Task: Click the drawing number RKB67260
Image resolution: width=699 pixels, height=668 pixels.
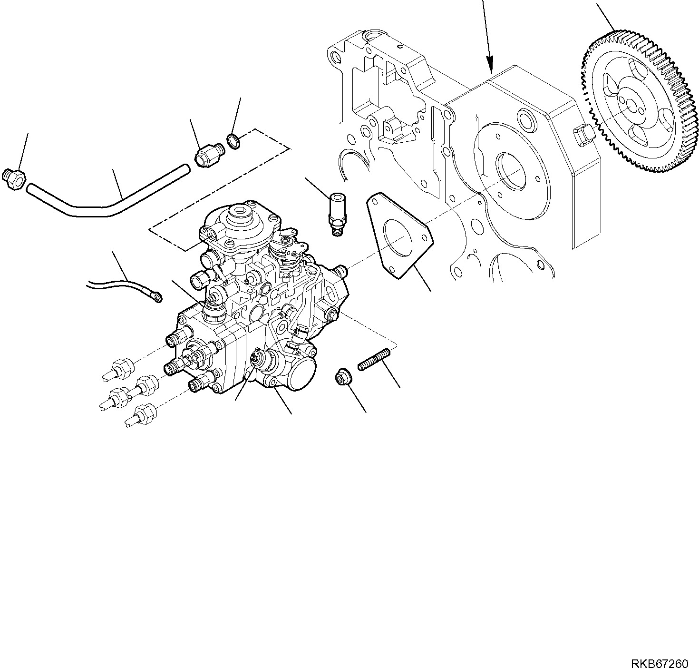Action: click(x=660, y=650)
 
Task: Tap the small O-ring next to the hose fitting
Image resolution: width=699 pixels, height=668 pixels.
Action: click(x=233, y=141)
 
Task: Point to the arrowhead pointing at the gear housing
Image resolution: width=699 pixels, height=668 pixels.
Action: click(x=490, y=65)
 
